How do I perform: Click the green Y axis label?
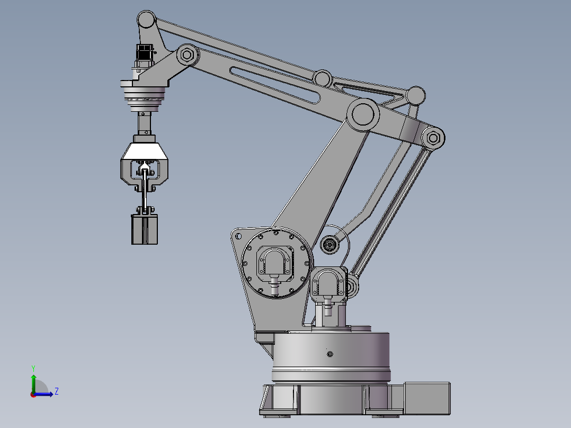pyautogui.click(x=33, y=368)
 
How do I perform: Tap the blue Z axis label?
pyautogui.click(x=57, y=391)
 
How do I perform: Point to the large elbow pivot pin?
pyautogui.click(x=363, y=114)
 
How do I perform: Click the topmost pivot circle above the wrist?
pyautogui.click(x=146, y=19)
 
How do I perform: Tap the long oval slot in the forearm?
pyautogui.click(x=275, y=85)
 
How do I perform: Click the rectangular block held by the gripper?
pyautogui.click(x=145, y=229)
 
